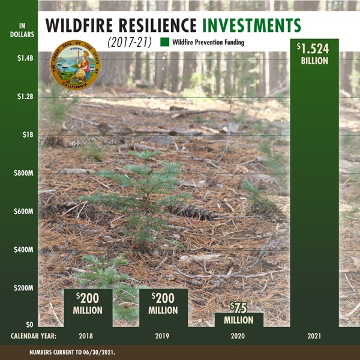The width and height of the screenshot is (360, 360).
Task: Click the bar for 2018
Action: coord(88,308)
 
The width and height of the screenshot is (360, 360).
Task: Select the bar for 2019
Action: coord(163,308)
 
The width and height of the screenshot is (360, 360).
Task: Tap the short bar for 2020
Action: coord(239,320)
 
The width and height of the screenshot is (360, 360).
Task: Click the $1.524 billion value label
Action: coord(314,54)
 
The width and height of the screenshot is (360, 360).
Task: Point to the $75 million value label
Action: coord(239,313)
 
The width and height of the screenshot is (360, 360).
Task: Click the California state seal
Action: coord(76,65)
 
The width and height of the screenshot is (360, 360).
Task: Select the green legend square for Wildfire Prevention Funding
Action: coord(164,42)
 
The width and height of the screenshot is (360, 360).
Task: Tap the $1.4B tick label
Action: coord(25,58)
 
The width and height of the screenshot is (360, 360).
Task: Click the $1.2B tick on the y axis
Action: coord(25,97)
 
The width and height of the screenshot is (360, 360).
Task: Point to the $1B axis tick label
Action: coord(28,135)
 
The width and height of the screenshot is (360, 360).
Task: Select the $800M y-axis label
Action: coord(23,173)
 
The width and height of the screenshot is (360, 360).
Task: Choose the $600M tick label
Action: coord(23,211)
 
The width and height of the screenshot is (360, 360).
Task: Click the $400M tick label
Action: coord(23,250)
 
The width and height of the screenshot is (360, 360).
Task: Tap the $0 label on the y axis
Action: coord(29,325)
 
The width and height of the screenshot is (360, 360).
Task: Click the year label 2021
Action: coord(314,336)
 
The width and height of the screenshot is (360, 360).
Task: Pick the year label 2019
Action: coord(162,336)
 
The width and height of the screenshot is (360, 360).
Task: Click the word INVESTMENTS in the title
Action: coord(251,25)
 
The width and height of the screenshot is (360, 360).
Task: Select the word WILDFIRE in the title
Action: coord(79,25)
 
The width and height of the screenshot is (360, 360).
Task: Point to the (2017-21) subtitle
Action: coord(130,43)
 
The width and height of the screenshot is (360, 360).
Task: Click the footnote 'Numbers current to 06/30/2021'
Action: coord(73,352)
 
